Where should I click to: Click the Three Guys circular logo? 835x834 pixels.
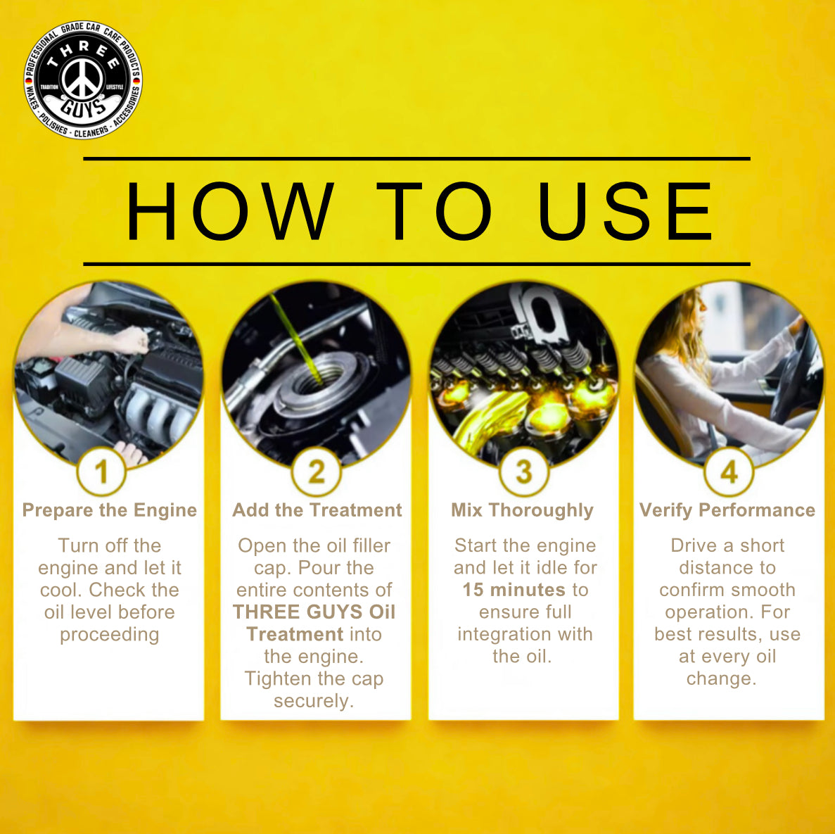83,80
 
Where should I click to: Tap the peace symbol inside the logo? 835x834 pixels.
83,77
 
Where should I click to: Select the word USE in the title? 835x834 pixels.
625,212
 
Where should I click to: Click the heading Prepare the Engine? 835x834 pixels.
109,510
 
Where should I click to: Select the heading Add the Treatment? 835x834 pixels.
317,510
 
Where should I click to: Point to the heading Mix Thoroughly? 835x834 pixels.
523,510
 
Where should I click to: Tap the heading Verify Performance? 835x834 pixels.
727,510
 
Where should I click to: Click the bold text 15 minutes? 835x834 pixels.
514,590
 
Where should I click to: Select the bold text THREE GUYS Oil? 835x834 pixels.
314,612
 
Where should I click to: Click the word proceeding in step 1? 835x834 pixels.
109,634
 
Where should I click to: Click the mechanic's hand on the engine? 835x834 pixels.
130,341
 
